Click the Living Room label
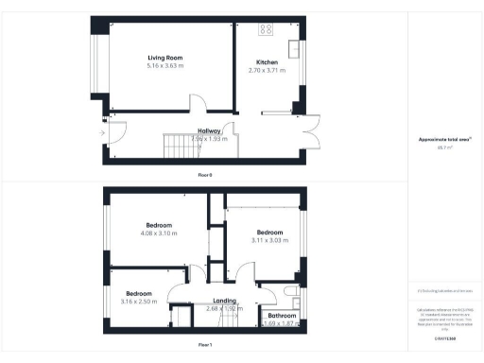point(165,57)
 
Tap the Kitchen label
point(267,62)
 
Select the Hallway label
point(210,131)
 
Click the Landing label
point(224,301)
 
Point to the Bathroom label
point(279,315)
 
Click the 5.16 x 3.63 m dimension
point(165,65)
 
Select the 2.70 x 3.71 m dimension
point(267,71)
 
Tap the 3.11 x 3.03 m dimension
point(270,240)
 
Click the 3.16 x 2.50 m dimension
point(140,301)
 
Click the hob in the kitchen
point(266,28)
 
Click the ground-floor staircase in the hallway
point(177,145)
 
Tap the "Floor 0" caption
point(205,176)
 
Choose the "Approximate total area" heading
point(444,139)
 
